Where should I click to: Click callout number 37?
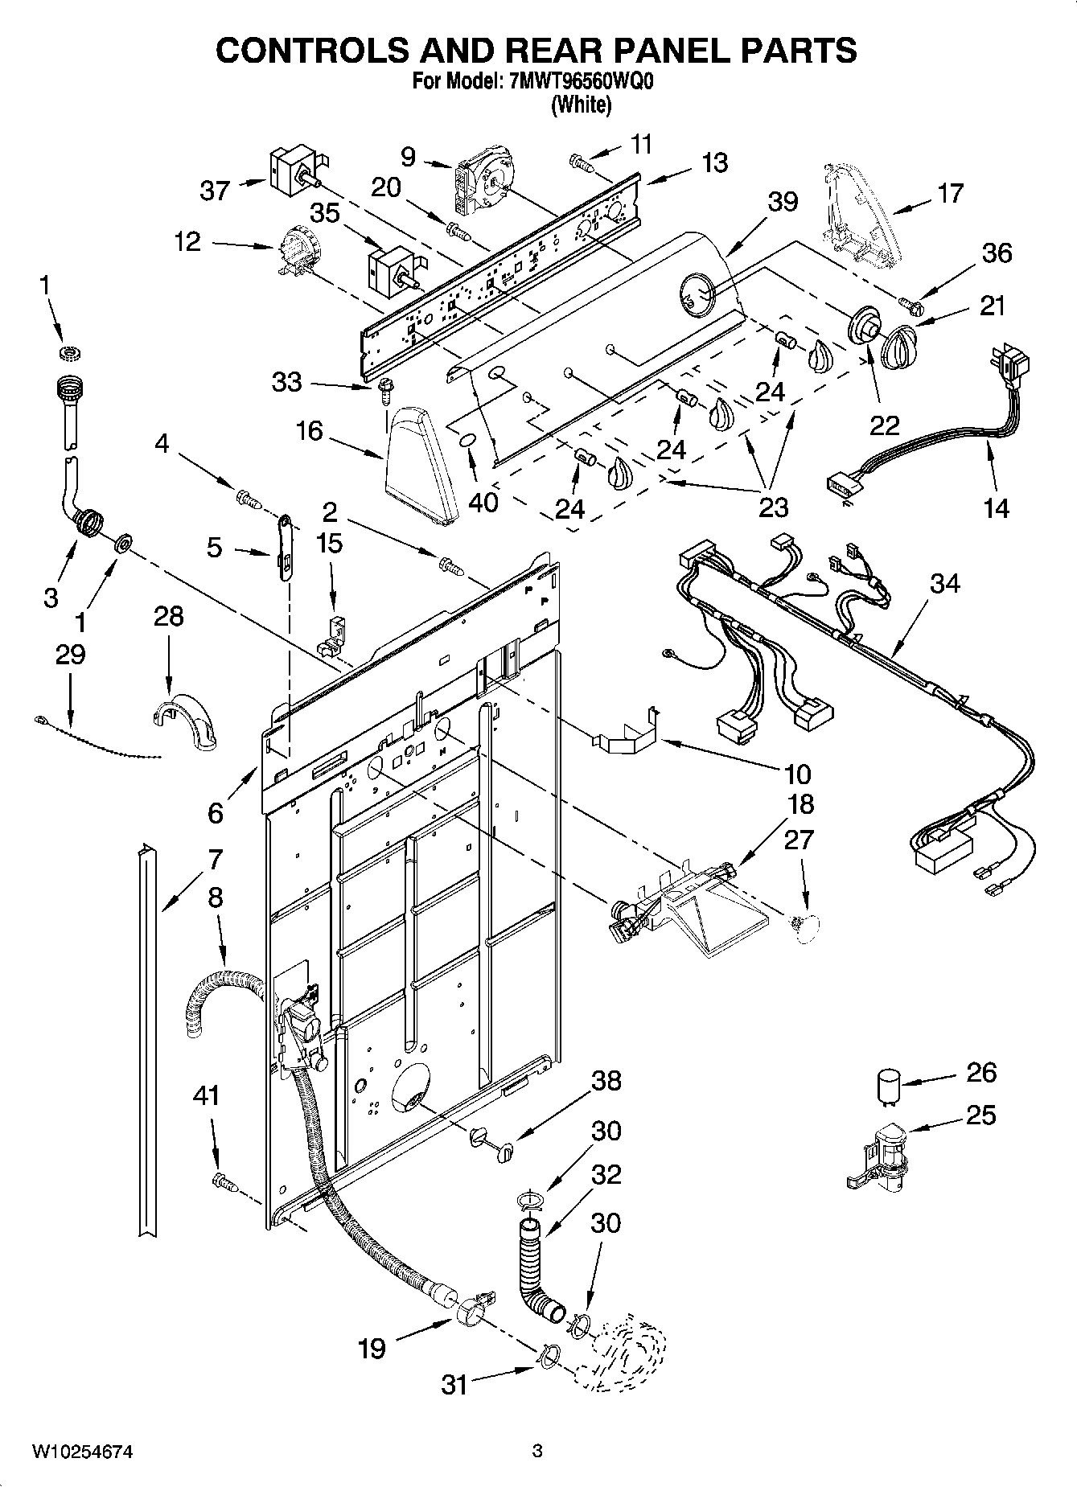pos(215,191)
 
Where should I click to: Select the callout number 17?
pos(949,193)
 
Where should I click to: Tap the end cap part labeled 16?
pos(419,464)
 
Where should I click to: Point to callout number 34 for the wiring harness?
pos(944,583)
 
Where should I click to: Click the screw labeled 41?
pos(224,1182)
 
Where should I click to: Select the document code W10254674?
pos(82,1452)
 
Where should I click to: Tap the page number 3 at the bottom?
pos(537,1451)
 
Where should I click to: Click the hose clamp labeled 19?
pos(473,1317)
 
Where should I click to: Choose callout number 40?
pos(483,502)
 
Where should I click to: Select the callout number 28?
pos(169,616)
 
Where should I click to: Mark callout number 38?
pos(606,1080)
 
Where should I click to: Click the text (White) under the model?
pos(581,105)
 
